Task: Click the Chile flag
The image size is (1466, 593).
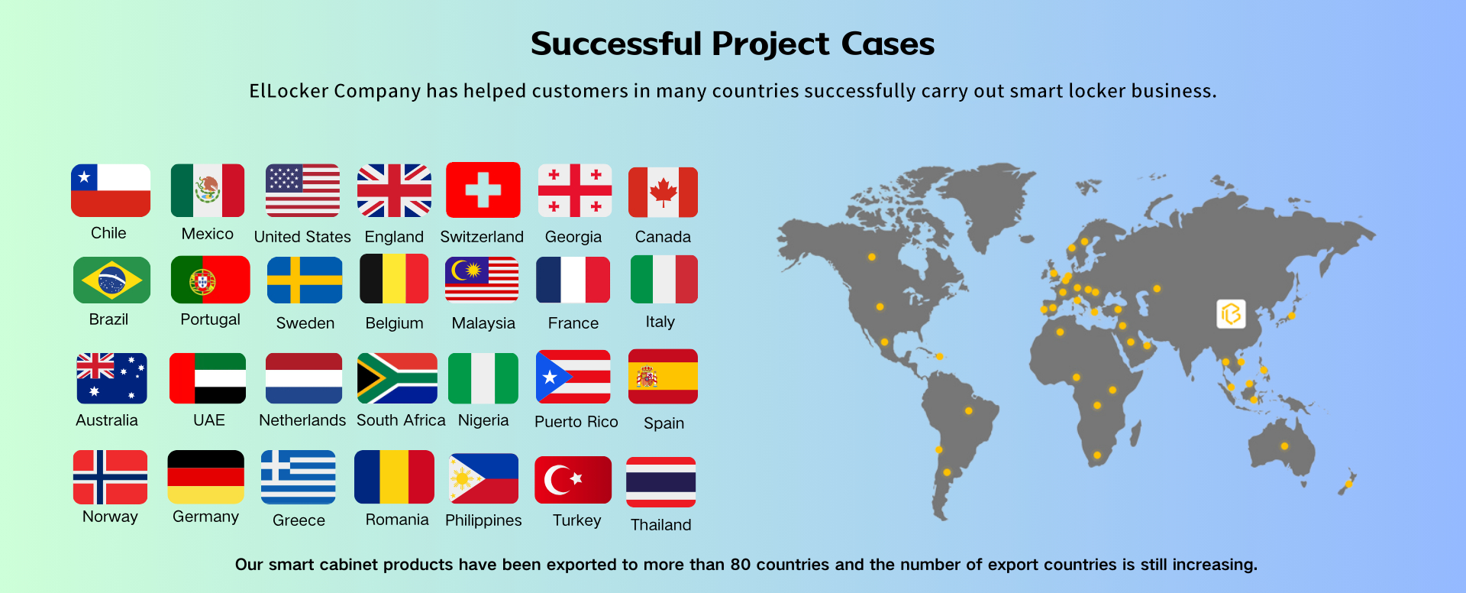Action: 111,190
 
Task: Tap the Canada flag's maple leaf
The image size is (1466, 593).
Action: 663,193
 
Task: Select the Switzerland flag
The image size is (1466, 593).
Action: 483,190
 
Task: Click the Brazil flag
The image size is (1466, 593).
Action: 111,280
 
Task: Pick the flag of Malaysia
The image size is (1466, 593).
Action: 482,280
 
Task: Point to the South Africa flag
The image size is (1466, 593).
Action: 397,378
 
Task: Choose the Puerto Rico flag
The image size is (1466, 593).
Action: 573,377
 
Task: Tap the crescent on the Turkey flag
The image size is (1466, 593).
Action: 558,480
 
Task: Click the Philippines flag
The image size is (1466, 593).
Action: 484,478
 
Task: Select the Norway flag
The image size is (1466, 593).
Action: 111,477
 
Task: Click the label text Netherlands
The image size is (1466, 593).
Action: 302,420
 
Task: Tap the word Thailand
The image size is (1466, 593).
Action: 661,525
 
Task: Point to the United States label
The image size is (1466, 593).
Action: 302,237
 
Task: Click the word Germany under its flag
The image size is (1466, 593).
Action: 205,517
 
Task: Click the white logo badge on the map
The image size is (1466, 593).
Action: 1231,314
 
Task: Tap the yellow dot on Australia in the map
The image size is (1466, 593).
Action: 1284,446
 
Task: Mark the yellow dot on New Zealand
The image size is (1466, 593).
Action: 1349,484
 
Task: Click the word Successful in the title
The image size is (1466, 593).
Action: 616,44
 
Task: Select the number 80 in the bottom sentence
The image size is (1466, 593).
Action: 741,565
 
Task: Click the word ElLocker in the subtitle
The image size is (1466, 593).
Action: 289,91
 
